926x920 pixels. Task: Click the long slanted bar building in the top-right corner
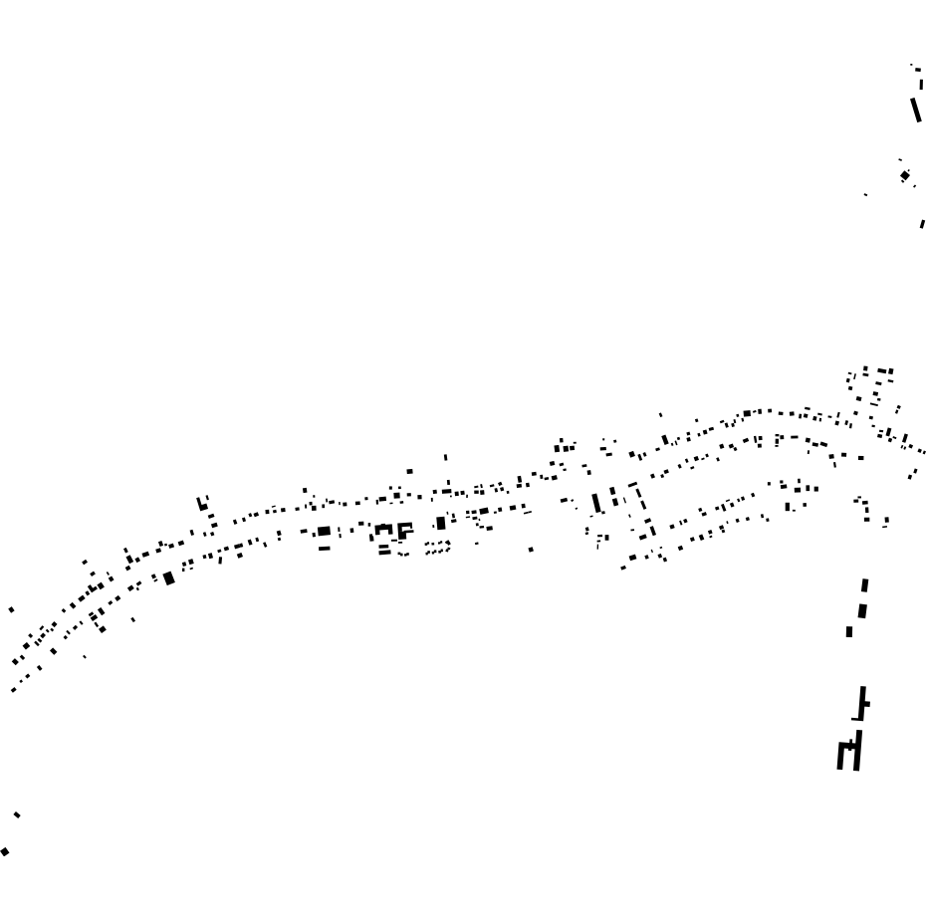tap(916, 109)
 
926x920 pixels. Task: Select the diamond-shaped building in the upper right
tap(905, 176)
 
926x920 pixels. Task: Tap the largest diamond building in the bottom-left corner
tap(5, 851)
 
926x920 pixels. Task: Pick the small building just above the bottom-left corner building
tap(17, 815)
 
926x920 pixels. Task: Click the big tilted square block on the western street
tap(169, 577)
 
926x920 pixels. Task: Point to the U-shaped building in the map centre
tap(384, 534)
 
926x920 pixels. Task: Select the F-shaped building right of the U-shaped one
tap(404, 532)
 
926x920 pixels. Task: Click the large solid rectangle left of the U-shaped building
tap(324, 532)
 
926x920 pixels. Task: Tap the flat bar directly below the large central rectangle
tap(324, 548)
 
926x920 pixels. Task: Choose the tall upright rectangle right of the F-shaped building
tap(441, 524)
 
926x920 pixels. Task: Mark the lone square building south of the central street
tap(531, 549)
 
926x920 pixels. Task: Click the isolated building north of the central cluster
tap(409, 471)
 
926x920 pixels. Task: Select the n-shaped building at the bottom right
tap(849, 754)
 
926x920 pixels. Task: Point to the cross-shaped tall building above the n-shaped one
tap(862, 703)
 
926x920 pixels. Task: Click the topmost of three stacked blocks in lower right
tap(864, 586)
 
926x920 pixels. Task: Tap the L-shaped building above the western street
tap(203, 504)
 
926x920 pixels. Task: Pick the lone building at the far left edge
tap(11, 609)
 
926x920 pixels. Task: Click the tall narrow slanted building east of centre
tap(596, 502)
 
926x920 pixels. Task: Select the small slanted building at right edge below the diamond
tap(922, 224)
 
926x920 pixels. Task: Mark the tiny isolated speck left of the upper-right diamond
tap(865, 194)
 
